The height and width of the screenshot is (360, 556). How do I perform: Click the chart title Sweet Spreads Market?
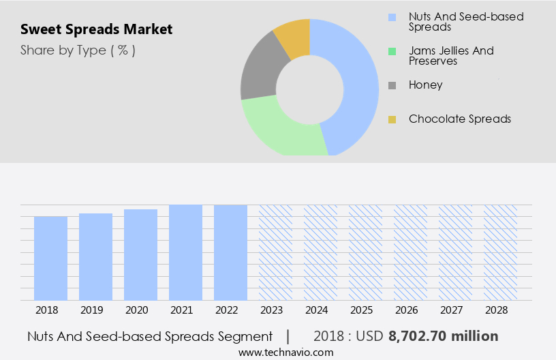point(96,29)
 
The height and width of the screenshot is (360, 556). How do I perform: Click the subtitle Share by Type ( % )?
point(78,50)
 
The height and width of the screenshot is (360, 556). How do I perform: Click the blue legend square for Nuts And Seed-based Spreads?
point(392,17)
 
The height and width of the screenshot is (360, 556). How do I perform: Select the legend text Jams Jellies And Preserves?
point(451,55)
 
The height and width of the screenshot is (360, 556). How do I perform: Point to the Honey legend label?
point(425,85)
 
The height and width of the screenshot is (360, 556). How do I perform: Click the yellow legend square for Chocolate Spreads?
point(392,119)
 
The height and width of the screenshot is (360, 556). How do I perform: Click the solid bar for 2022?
point(230,252)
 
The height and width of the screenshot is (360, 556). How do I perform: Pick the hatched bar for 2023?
point(275,252)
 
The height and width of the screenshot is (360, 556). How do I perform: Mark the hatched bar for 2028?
point(499,252)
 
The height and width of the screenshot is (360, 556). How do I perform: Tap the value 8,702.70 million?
point(443,336)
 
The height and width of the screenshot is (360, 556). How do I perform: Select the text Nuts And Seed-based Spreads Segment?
point(150,336)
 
